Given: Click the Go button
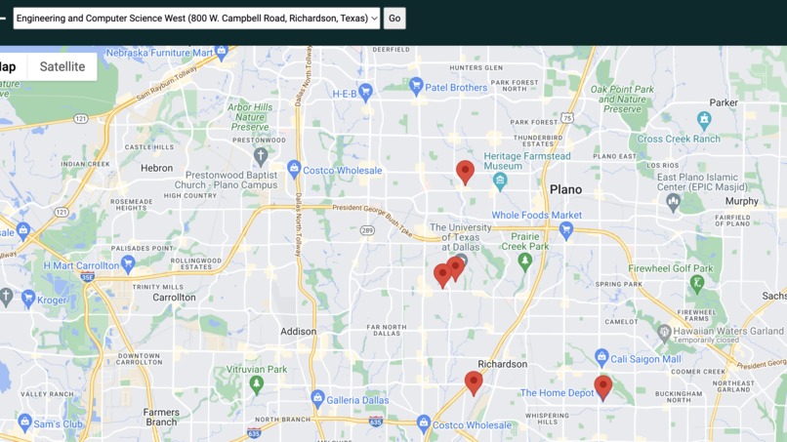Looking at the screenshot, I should (x=394, y=19).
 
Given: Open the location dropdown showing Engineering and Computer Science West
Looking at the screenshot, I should (x=196, y=19).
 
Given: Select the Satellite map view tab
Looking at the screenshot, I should (x=62, y=66).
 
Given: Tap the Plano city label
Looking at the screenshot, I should (x=565, y=189).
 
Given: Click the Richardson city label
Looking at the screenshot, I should (x=503, y=364).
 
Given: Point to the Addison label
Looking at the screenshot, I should (x=298, y=332).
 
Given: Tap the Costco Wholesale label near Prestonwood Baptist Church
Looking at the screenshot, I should (x=342, y=171).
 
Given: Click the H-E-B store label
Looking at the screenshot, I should (x=345, y=94).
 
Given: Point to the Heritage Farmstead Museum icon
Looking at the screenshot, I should (x=500, y=181).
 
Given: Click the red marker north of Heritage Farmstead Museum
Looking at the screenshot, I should (x=465, y=171).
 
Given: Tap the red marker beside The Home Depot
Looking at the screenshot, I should (x=603, y=386).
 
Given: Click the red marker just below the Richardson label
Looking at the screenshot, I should (x=474, y=382).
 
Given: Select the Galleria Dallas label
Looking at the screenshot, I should (x=357, y=400).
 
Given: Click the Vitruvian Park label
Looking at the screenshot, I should (x=257, y=370).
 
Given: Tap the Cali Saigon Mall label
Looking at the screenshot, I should (x=645, y=359).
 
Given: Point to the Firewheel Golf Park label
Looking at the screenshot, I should (x=670, y=268).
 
